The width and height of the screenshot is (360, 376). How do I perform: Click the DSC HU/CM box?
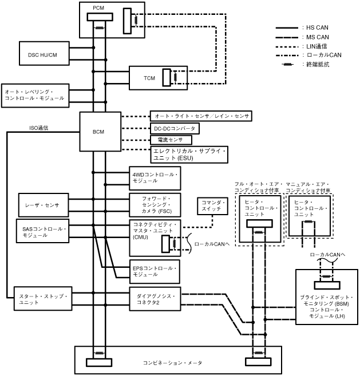coord(42,54)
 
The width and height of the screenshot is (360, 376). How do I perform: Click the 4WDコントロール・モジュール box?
coord(155,178)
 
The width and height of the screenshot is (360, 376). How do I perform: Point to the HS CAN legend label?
coord(317,27)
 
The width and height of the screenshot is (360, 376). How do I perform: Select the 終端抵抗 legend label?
coord(318,65)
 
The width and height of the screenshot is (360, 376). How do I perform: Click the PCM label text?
coord(98,7)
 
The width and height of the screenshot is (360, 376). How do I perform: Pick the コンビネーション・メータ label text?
coord(172,362)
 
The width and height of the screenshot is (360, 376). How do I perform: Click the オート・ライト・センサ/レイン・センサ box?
coord(201,116)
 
